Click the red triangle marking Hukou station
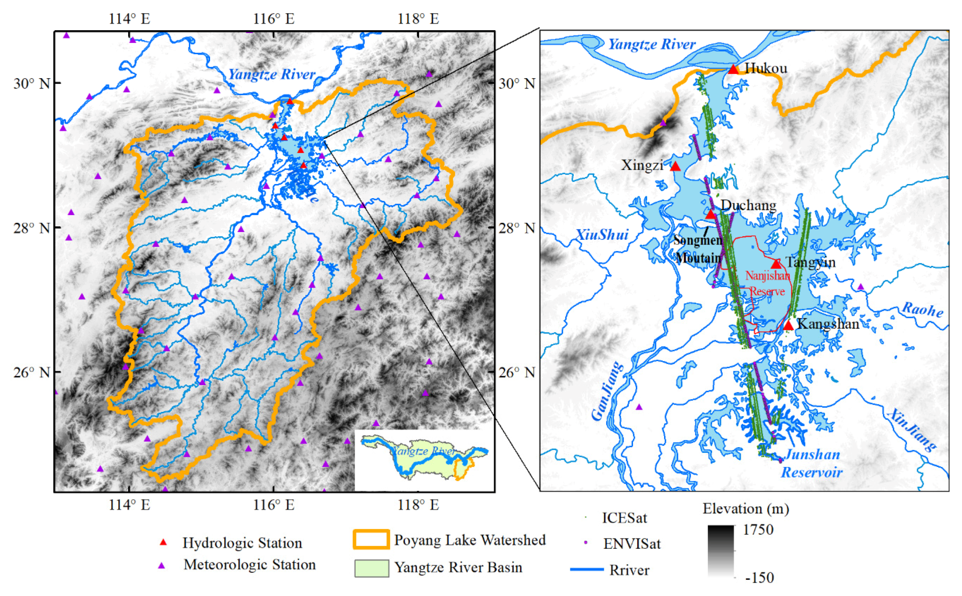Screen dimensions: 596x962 click(732, 69)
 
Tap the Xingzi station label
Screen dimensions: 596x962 click(642, 165)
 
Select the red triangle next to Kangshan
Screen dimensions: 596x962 click(788, 325)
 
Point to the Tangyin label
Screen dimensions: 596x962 click(810, 262)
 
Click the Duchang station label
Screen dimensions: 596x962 click(748, 205)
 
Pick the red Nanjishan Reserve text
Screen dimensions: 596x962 click(767, 283)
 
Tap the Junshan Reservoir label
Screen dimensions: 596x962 click(812, 463)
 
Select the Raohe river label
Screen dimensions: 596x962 click(922, 309)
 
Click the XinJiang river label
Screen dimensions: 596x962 click(911, 430)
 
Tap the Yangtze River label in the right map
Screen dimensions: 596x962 click(651, 44)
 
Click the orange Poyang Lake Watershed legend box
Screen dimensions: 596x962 click(371, 539)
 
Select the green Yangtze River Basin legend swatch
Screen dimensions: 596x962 click(371, 568)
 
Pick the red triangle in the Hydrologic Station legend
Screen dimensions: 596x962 click(163, 543)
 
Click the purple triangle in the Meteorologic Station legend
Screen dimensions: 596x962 click(161, 565)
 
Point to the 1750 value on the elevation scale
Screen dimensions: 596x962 click(758, 529)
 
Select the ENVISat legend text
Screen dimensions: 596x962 click(631, 544)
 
